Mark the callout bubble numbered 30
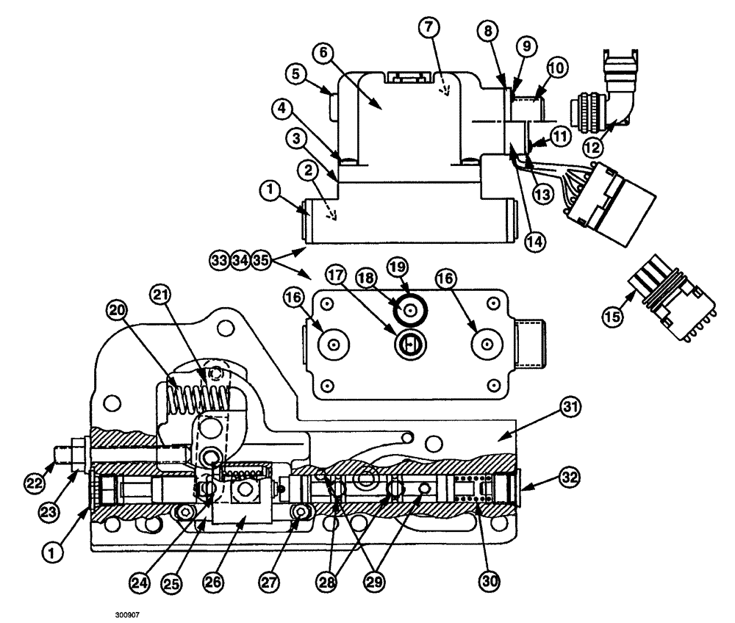489,580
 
